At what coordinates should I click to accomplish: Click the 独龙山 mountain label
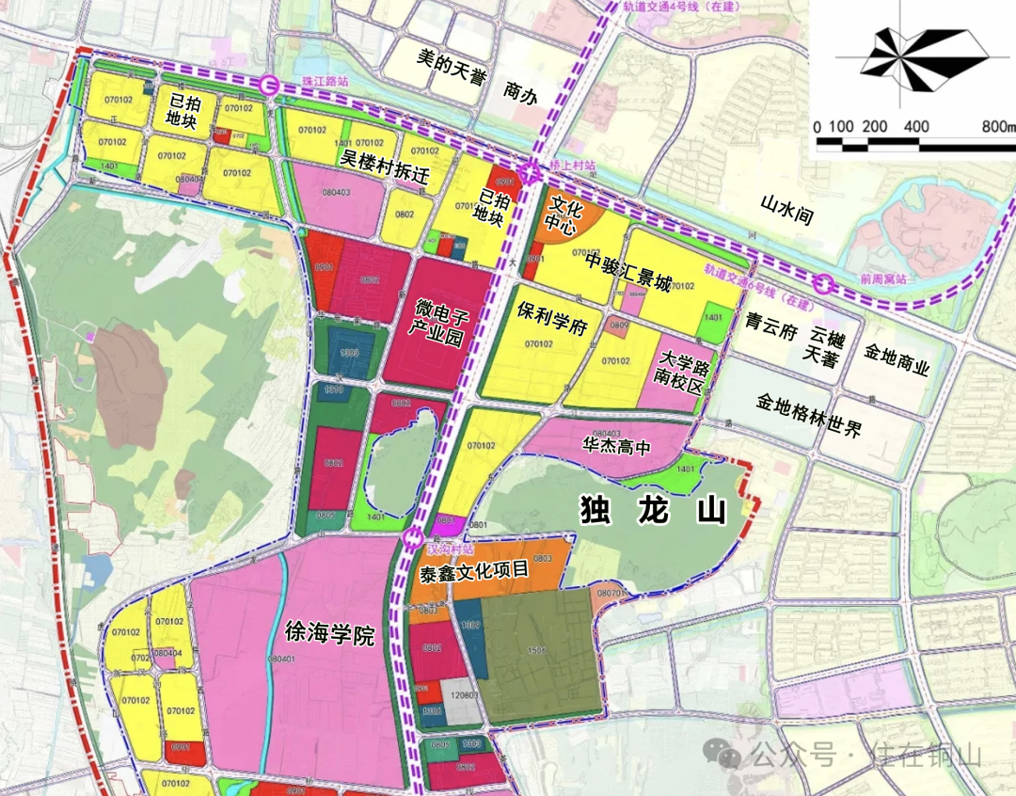654,511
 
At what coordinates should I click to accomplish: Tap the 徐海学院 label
329,633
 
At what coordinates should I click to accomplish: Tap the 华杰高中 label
617,448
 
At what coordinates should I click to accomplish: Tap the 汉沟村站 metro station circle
412,538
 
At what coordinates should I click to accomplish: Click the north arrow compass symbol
911,56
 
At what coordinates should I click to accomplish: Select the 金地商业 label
896,368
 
